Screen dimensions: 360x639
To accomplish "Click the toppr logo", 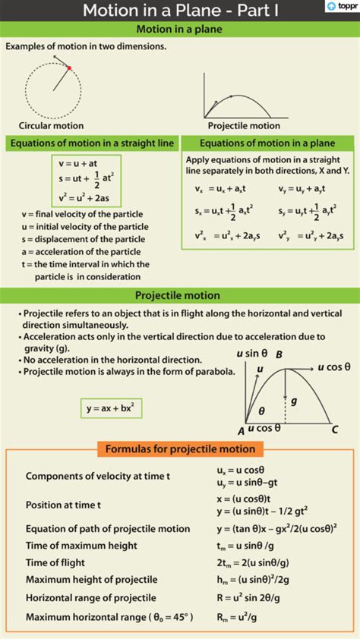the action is tap(341, 7).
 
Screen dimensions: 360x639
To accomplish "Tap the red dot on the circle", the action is tap(69, 68).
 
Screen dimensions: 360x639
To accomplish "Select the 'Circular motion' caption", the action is tap(52, 125).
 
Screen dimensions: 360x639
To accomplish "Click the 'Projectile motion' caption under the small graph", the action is tap(244, 126).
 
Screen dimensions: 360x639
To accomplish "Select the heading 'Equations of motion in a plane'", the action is tap(267, 143).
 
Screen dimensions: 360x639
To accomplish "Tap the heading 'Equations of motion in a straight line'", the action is tap(92, 143).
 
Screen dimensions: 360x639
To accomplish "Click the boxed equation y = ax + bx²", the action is tap(111, 408).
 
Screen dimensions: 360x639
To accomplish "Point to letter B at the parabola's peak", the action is tap(279, 354).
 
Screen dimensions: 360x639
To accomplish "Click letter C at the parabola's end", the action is tap(334, 430).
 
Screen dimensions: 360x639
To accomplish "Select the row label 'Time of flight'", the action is tap(55, 562).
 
